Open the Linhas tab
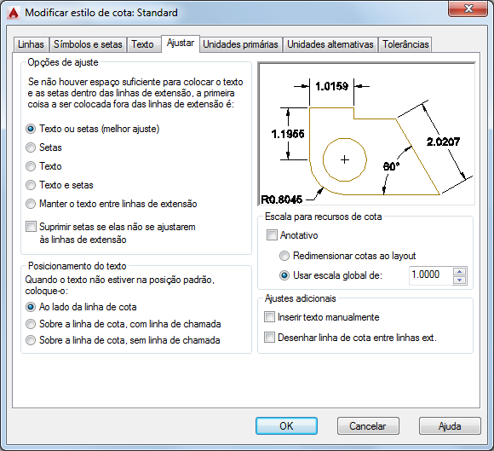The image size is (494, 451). [31, 44]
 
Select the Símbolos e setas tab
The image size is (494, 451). [88, 44]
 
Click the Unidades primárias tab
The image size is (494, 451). [240, 44]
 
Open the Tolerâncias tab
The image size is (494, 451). [405, 44]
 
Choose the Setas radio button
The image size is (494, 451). [31, 147]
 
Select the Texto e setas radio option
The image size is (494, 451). [31, 185]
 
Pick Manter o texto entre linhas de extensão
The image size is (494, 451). [31, 204]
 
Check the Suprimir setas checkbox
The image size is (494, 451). [31, 227]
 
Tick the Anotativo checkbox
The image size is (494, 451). [272, 235]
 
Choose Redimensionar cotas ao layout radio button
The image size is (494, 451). [284, 256]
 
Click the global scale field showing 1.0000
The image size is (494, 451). [430, 275]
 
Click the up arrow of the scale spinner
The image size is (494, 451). [460, 272]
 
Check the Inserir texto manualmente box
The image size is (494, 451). [269, 317]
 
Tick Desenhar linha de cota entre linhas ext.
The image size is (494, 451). [269, 338]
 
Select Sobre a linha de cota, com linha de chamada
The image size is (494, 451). [31, 324]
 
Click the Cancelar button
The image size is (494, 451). [368, 426]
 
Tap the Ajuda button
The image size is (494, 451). [450, 426]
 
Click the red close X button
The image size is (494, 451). [468, 9]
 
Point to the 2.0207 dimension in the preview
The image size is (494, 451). [443, 142]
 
